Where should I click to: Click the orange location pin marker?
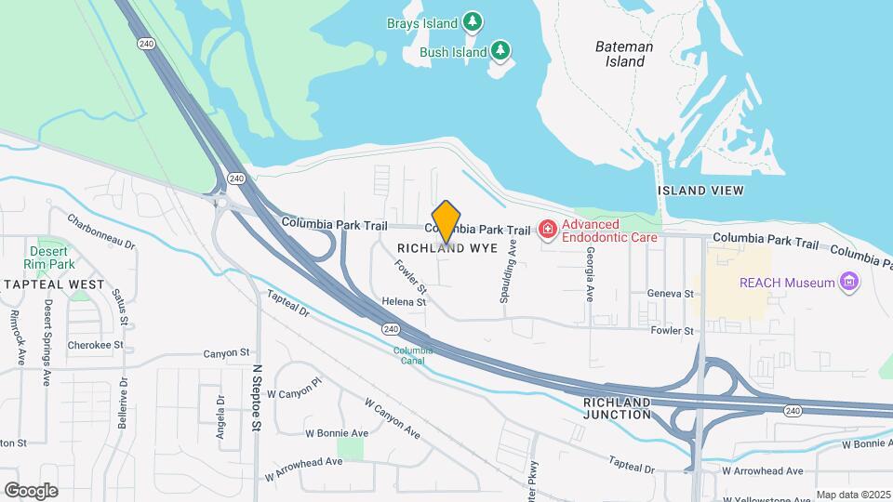pos(446,222)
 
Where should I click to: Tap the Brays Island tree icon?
pos(473,21)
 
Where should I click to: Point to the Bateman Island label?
pos(624,54)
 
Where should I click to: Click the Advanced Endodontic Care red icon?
pos(548,229)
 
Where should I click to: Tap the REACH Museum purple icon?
pos(847,282)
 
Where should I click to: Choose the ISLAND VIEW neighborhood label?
pos(700,191)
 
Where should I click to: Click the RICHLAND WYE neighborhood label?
pos(443,248)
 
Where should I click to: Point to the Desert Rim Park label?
pos(48,258)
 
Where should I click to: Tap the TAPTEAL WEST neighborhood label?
pos(54,284)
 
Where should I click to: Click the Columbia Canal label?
pos(413,356)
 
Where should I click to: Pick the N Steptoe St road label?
pos(258,398)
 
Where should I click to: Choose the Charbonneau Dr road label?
pos(100,231)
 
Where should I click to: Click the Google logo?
pos(31,490)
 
